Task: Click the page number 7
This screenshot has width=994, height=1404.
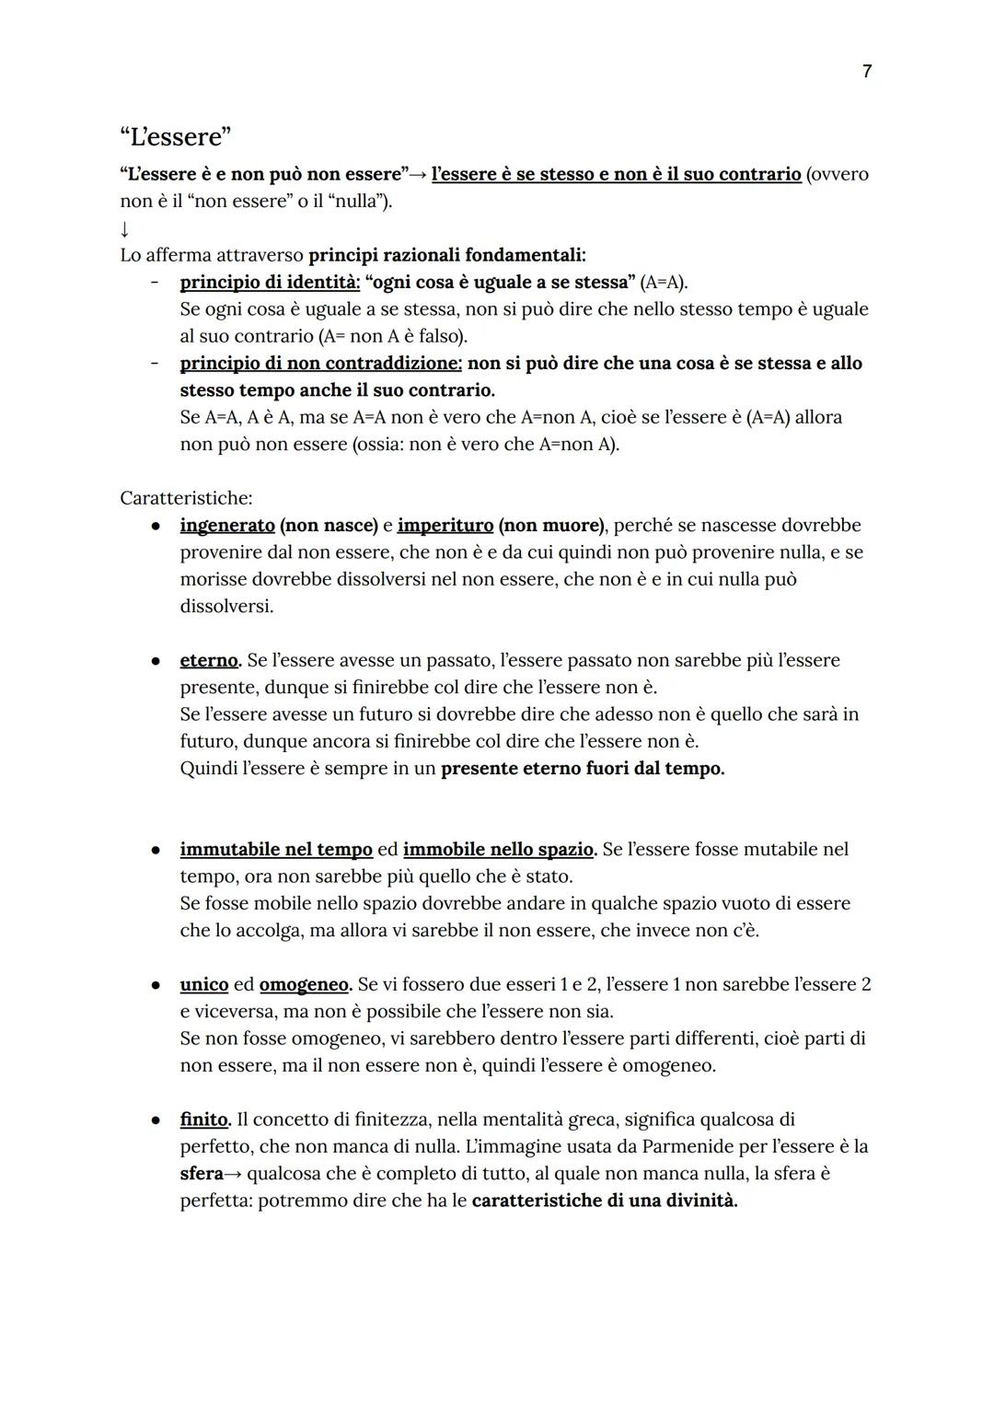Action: click(867, 71)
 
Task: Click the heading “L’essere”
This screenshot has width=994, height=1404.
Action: click(175, 136)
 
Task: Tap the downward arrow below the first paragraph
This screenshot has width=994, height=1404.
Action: click(125, 228)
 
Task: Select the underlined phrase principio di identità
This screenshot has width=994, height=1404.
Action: click(270, 283)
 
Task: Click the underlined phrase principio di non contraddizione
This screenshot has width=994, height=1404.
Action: click(320, 364)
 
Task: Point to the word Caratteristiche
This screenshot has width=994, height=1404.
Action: click(185, 498)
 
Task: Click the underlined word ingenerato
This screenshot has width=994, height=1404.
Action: click(226, 526)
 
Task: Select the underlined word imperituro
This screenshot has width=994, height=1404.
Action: click(445, 526)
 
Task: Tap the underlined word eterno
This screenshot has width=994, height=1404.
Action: click(209, 661)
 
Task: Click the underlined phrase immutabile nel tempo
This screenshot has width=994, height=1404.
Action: click(275, 850)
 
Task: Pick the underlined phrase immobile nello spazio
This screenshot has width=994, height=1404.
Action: click(499, 850)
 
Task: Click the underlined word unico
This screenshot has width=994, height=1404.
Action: click(203, 985)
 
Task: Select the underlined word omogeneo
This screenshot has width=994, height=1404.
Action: click(304, 985)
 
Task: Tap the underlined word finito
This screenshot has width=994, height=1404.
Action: click(203, 1120)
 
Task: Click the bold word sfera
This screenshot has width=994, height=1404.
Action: click(202, 1174)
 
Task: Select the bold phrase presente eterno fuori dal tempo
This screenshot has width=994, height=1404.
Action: click(583, 769)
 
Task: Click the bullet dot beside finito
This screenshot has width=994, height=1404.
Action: click(157, 1120)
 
